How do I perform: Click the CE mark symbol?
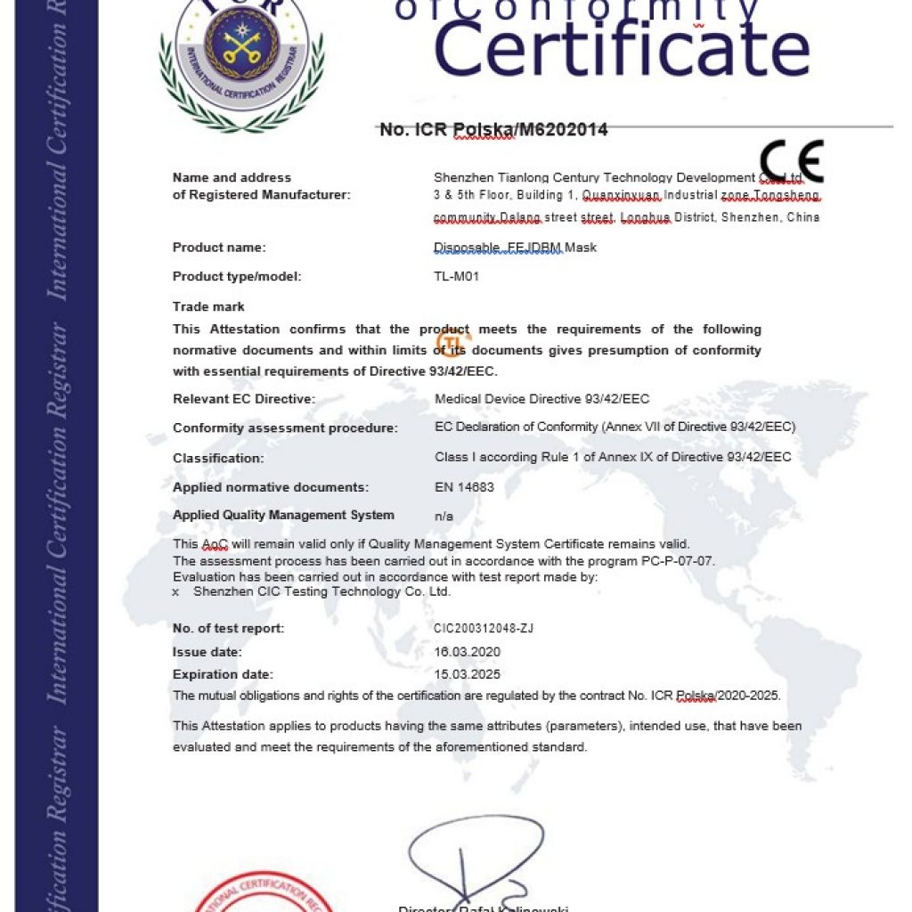pos(792,162)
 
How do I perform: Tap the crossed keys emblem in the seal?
pos(240,46)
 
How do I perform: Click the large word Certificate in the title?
pos(622,49)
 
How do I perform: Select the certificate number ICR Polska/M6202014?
pos(493,130)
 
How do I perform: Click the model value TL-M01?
pos(456,276)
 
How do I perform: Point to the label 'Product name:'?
pos(219,248)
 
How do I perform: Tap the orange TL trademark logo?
pos(452,343)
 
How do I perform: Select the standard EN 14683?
pos(464,487)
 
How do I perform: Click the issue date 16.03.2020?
pos(468,652)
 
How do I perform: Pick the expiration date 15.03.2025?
pos(468,674)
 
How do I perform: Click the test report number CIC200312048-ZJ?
pos(484,629)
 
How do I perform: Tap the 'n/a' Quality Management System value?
pos(444,516)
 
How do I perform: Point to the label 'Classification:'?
pos(218,459)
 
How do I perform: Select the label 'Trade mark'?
pos(208,307)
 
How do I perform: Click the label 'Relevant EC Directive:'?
pos(244,399)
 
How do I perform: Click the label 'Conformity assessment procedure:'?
pos(285,428)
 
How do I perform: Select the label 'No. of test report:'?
pos(229,629)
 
